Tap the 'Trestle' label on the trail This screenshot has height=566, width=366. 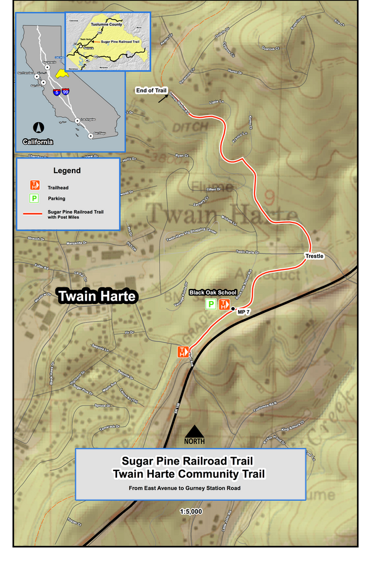pos(315,256)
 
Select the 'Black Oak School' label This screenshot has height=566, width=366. pos(212,293)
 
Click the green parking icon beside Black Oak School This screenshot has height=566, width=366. pos(210,305)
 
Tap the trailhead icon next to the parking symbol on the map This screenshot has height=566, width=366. pos(223,305)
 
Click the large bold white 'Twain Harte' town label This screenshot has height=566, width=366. pos(97,296)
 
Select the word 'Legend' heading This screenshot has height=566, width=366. pos(67,170)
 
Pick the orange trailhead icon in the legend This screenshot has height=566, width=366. pos(34,185)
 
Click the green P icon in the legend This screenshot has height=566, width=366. pos(34,198)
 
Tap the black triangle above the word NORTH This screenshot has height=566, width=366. pos(194,431)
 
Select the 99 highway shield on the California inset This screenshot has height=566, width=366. pos(67,91)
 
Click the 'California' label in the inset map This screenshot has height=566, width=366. pos(38,141)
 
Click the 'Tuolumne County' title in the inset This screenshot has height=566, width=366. pos(106,25)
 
